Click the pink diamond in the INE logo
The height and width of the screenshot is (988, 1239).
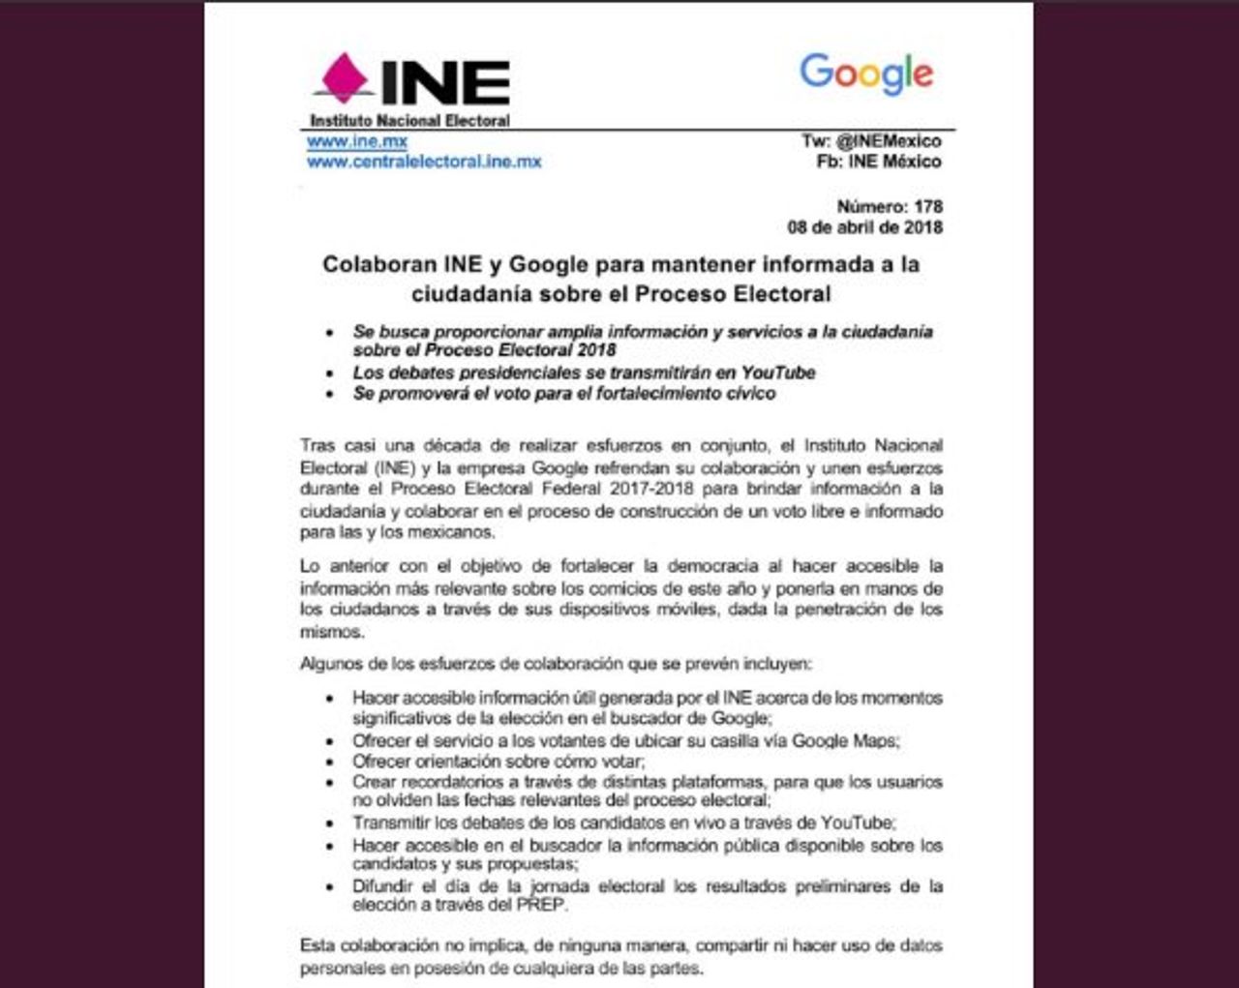346,76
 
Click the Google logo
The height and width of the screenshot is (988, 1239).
866,74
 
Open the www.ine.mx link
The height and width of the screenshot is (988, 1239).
357,141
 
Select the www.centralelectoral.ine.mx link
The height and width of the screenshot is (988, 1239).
424,162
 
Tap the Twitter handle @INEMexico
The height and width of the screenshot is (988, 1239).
888,141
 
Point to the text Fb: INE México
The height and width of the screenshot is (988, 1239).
879,162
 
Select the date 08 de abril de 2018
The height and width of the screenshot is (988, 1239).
864,227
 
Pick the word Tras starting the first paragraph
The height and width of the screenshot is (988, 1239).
317,446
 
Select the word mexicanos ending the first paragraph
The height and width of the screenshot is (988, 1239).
452,532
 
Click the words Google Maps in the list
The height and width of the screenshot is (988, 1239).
844,741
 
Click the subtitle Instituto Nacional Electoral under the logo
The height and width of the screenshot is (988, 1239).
409,121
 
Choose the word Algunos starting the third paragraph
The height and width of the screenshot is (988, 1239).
329,665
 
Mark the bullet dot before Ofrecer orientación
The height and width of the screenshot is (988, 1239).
332,762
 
